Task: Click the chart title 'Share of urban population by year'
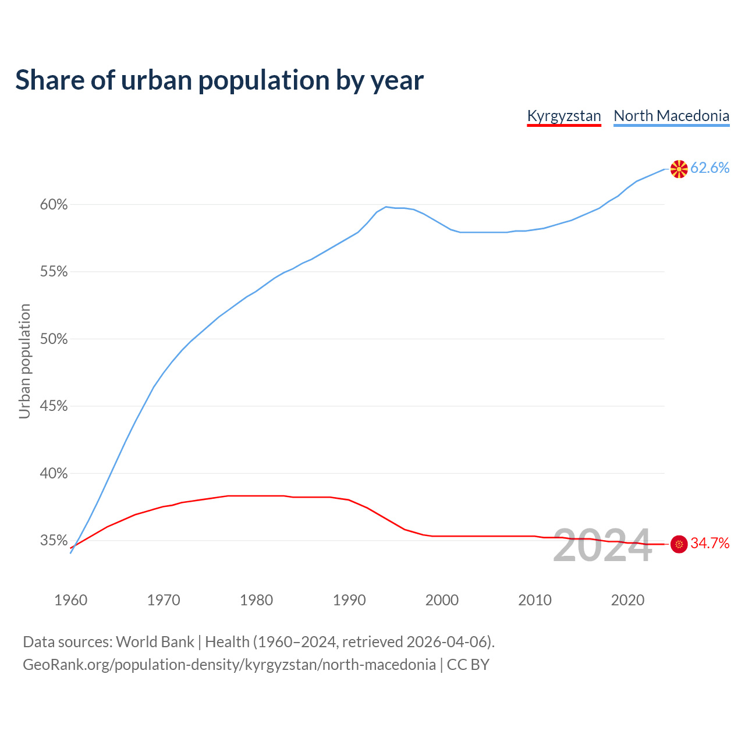point(219,80)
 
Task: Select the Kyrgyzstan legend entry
point(563,116)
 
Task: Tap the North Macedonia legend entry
point(671,116)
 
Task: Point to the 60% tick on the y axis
point(54,205)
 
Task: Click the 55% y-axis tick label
point(54,272)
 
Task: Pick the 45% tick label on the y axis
point(54,406)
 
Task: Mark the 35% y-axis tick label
point(54,541)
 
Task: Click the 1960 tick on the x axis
point(70,600)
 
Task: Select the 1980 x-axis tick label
point(256,600)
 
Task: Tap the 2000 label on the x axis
point(442,600)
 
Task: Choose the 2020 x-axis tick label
point(627,600)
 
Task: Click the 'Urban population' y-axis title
point(24,361)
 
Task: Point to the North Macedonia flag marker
point(679,169)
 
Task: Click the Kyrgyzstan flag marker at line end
point(679,544)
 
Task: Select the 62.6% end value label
point(709,168)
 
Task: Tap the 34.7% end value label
point(709,544)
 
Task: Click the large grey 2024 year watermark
point(602,545)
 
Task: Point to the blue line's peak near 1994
point(386,207)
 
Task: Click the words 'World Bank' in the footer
point(155,642)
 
